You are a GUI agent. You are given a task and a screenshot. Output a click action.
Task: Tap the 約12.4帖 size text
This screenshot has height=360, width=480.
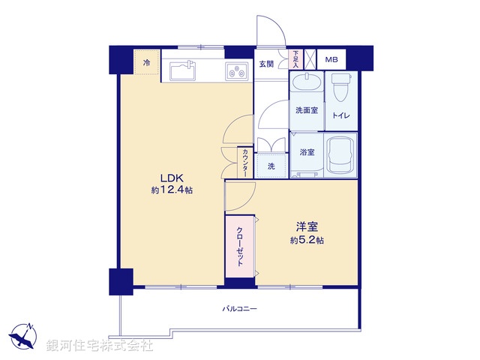[172, 191]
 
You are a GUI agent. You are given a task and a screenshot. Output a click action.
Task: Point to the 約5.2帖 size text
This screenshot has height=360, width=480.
[307, 240]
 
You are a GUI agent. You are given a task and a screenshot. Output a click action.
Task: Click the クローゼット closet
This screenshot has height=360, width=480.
[241, 246]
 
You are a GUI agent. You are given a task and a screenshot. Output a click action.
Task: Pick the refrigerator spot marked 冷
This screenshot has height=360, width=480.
[147, 63]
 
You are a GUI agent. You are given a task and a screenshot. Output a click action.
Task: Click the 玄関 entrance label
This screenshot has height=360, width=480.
[266, 64]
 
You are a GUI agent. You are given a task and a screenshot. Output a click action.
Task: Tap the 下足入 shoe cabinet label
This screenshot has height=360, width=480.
[295, 59]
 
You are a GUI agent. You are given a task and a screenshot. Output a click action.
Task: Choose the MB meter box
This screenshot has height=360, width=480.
[331, 59]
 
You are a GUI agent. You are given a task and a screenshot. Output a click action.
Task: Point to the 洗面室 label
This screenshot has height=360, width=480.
[305, 110]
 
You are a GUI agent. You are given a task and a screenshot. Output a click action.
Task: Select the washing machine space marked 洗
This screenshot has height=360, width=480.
[271, 166]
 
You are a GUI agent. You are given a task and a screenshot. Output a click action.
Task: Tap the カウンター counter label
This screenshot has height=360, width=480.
[245, 163]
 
